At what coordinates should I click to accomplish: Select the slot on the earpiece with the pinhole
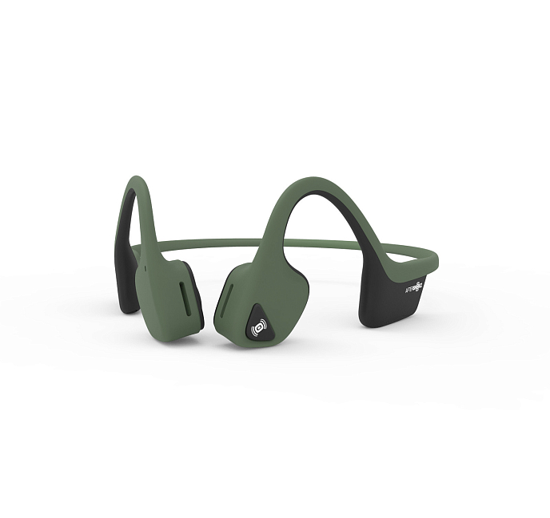click(185, 294)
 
